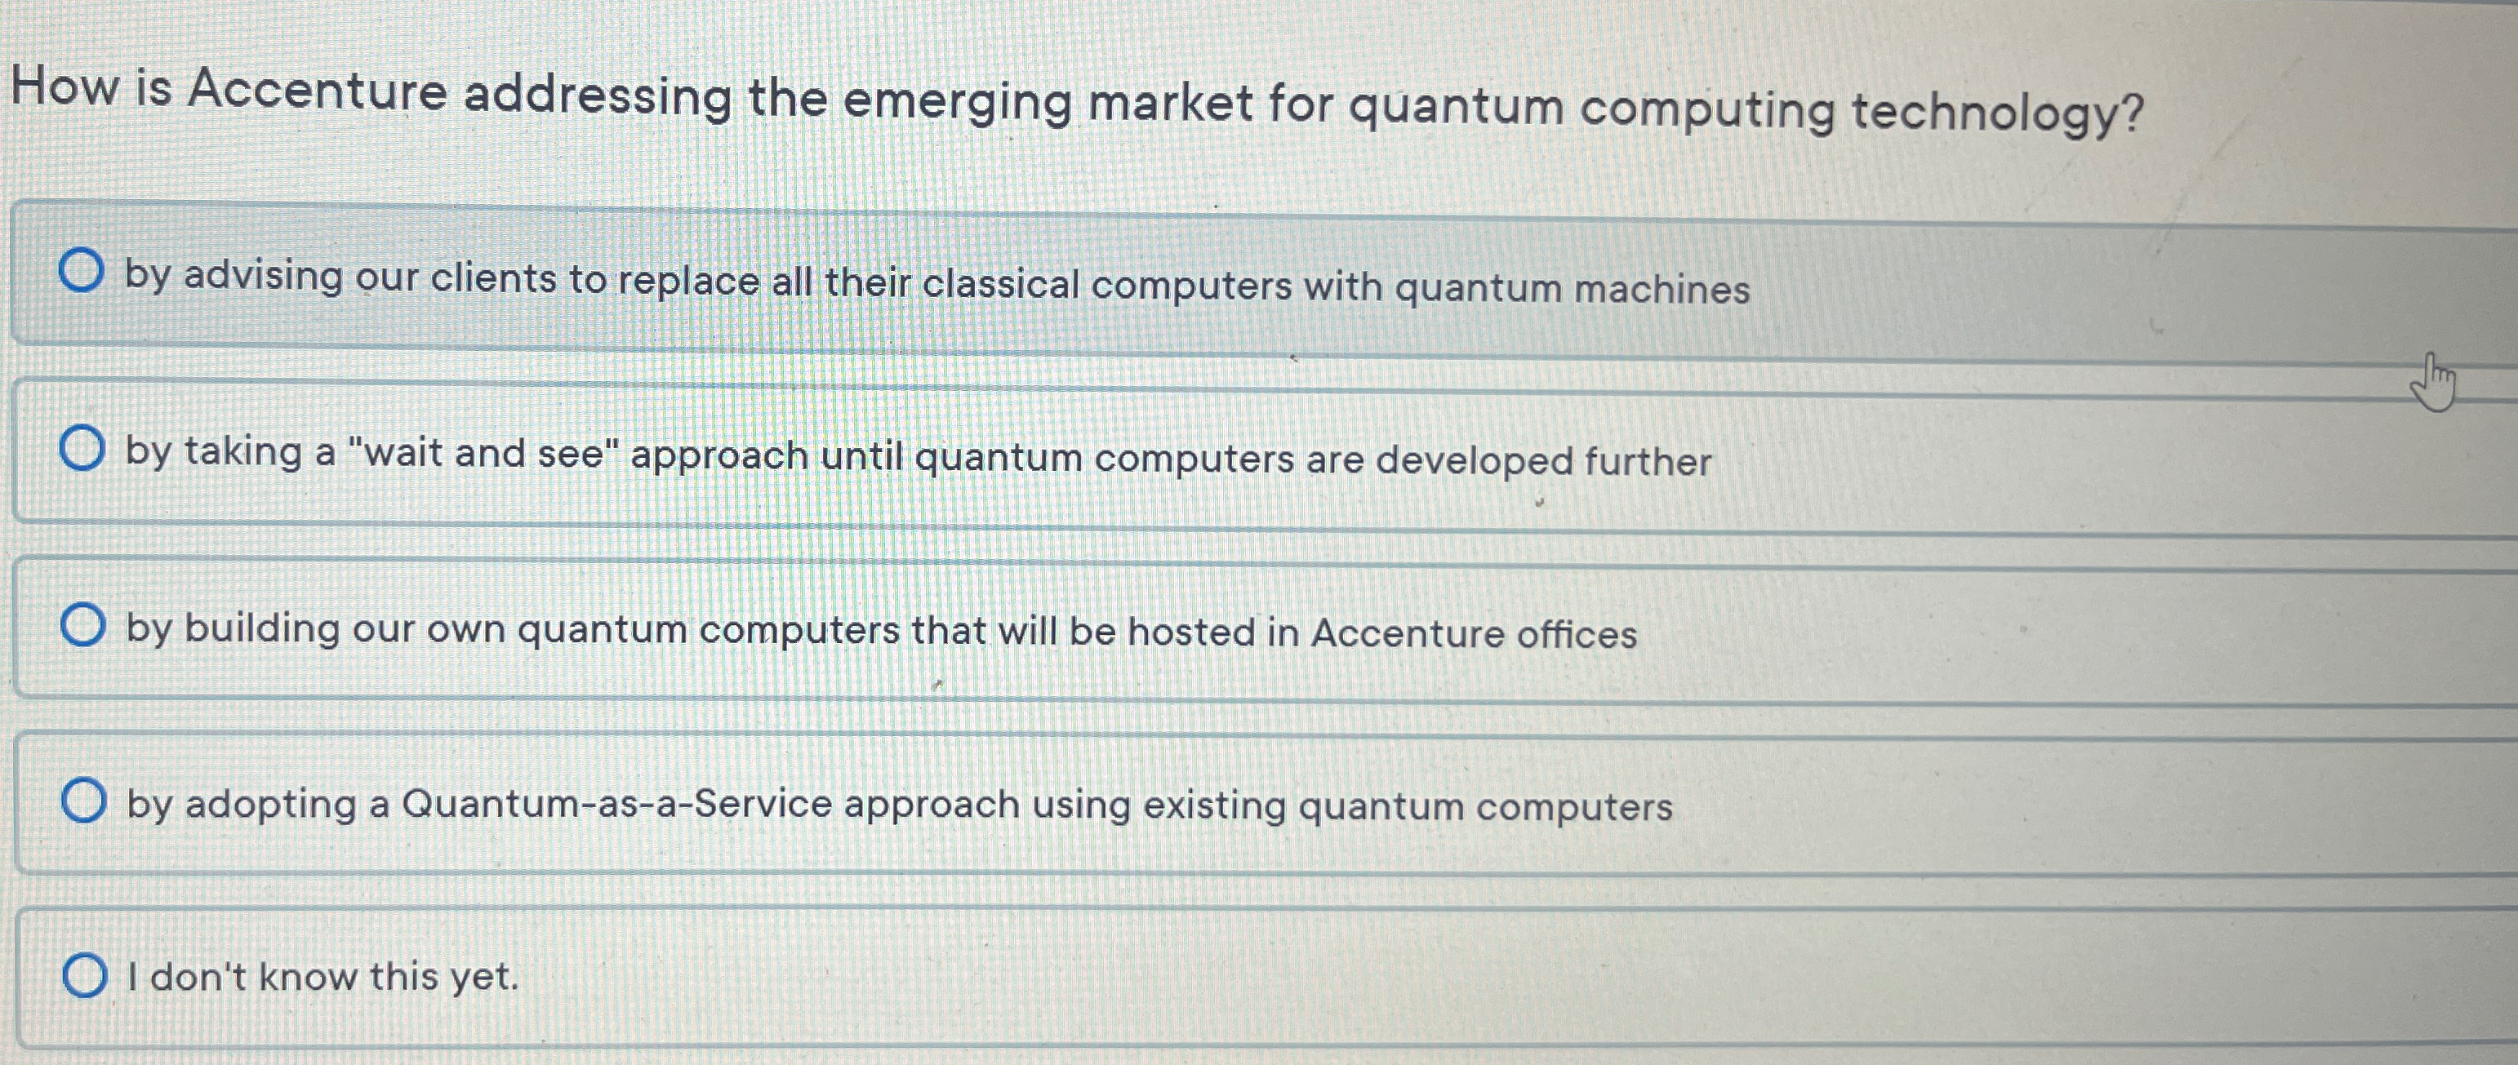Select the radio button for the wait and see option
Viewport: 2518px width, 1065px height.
click(82, 449)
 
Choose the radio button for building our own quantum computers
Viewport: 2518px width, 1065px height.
click(83, 625)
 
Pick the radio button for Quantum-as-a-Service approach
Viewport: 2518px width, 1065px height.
click(84, 801)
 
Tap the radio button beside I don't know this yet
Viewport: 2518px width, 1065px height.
click(85, 975)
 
